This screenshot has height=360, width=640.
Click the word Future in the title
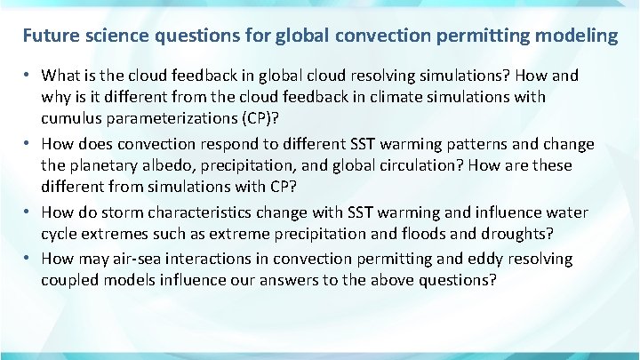click(50, 36)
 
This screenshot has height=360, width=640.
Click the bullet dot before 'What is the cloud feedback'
click(28, 75)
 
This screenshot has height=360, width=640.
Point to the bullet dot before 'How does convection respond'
click(28, 144)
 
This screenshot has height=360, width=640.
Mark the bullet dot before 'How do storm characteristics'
click(28, 212)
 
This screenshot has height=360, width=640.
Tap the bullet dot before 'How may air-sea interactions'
click(28, 259)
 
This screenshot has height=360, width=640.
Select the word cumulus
click(69, 119)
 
